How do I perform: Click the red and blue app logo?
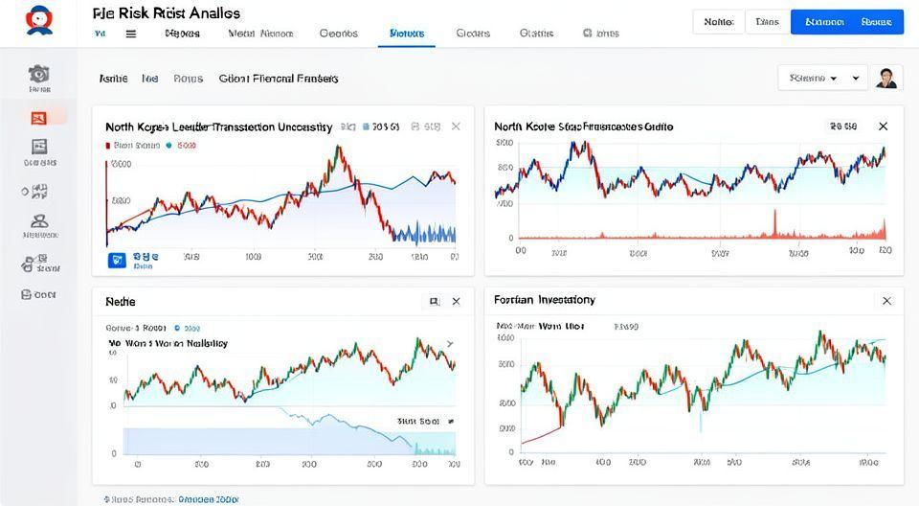point(39,19)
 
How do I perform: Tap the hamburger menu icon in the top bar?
point(131,33)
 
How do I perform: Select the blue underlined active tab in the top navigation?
point(408,33)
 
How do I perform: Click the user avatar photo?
point(887,78)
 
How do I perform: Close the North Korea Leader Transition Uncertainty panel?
point(456,126)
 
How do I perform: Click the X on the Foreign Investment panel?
point(886,301)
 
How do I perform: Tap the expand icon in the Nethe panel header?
point(434,301)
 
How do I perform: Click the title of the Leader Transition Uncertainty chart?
point(218,126)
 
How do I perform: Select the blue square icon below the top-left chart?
point(118,259)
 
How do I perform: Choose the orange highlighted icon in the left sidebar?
point(39,117)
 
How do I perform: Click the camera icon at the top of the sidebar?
point(39,74)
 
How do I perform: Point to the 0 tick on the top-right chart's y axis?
point(511,238)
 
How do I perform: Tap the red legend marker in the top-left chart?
point(106,146)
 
